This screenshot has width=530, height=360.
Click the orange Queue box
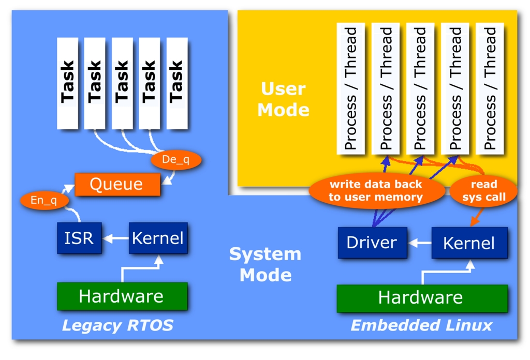(x=116, y=185)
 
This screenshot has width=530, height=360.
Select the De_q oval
(x=176, y=160)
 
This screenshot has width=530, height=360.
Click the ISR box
(x=79, y=238)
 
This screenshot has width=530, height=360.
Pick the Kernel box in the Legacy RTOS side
(x=157, y=238)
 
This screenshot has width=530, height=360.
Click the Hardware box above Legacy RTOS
(x=122, y=296)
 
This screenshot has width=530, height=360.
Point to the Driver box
(x=372, y=243)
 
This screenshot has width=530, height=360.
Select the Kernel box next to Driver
(x=469, y=243)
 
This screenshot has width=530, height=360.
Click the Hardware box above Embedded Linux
(x=421, y=297)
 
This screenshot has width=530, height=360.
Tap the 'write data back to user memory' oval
(x=376, y=191)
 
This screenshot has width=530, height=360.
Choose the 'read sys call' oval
(x=484, y=191)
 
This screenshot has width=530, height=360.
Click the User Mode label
(x=283, y=99)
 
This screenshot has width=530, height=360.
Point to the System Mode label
(x=265, y=264)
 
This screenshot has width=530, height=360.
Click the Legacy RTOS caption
(x=117, y=325)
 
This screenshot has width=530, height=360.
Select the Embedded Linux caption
(x=421, y=325)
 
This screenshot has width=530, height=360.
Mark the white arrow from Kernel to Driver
(x=419, y=243)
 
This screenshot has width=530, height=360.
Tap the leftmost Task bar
(x=67, y=83)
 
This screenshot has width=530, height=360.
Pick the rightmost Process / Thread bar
(x=490, y=88)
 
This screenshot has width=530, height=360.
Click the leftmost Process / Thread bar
(x=350, y=88)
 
